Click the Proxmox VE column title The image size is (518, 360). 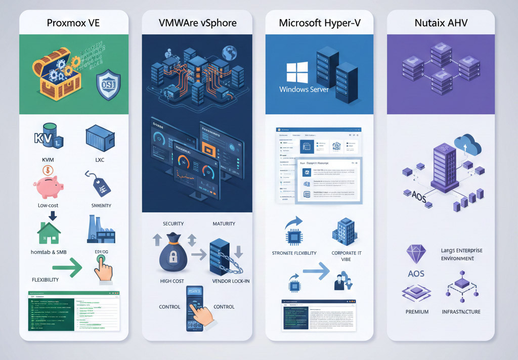[x=73, y=23]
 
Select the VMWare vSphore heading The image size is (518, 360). [x=197, y=23]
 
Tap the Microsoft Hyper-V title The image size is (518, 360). [x=319, y=23]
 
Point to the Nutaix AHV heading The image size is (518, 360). [x=441, y=23]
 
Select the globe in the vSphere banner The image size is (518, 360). [x=231, y=52]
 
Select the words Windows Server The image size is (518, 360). [x=304, y=89]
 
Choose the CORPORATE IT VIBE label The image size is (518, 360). [x=347, y=256]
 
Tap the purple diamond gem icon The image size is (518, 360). [x=416, y=254]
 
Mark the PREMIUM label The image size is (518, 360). [x=417, y=312]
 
